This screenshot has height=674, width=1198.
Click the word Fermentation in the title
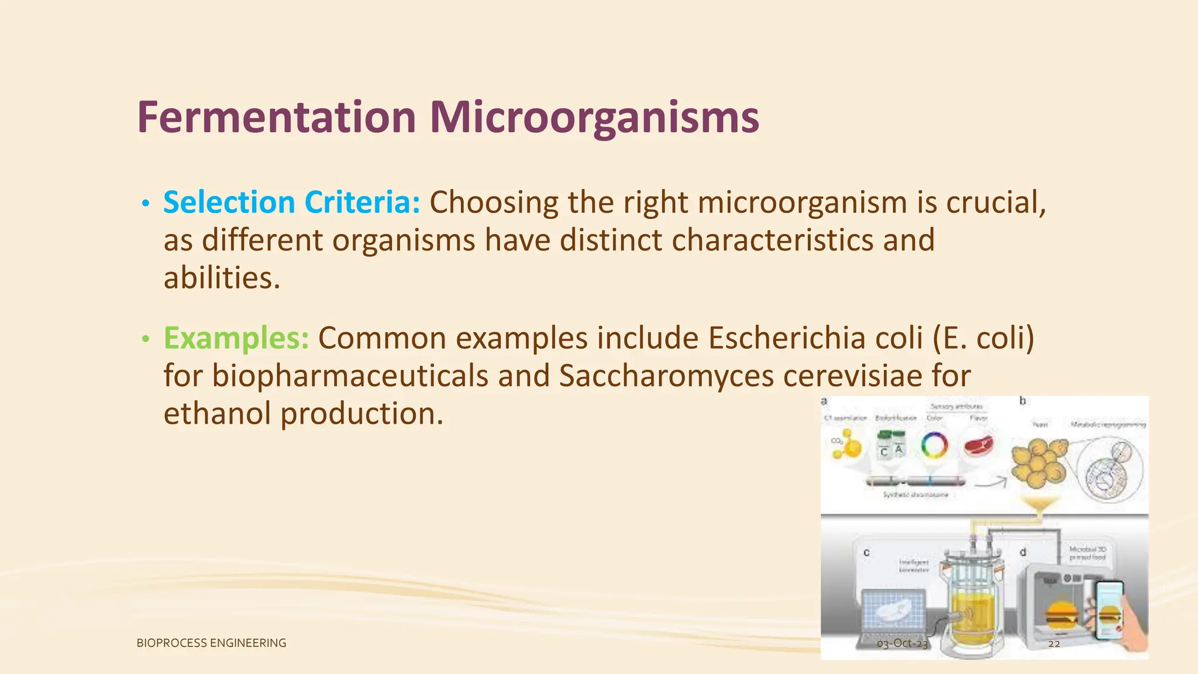pyautogui.click(x=276, y=117)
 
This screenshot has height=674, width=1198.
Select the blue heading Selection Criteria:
pyautogui.click(x=291, y=202)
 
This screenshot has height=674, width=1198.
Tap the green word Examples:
pyautogui.click(x=236, y=338)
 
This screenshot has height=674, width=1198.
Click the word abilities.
pyautogui.click(x=221, y=278)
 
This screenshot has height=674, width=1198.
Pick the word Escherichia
pyautogui.click(x=786, y=338)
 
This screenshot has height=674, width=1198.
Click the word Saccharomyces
pyautogui.click(x=666, y=376)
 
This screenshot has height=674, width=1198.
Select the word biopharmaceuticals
pyautogui.click(x=349, y=376)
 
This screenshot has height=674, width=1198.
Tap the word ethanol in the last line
pyautogui.click(x=217, y=414)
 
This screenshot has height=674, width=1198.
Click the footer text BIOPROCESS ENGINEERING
pyautogui.click(x=211, y=643)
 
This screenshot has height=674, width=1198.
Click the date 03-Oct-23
pyautogui.click(x=902, y=644)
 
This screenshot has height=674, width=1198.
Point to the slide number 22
pyautogui.click(x=1054, y=644)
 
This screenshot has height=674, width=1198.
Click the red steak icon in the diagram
pyautogui.click(x=979, y=446)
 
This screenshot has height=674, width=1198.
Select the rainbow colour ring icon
pyautogui.click(x=934, y=446)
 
